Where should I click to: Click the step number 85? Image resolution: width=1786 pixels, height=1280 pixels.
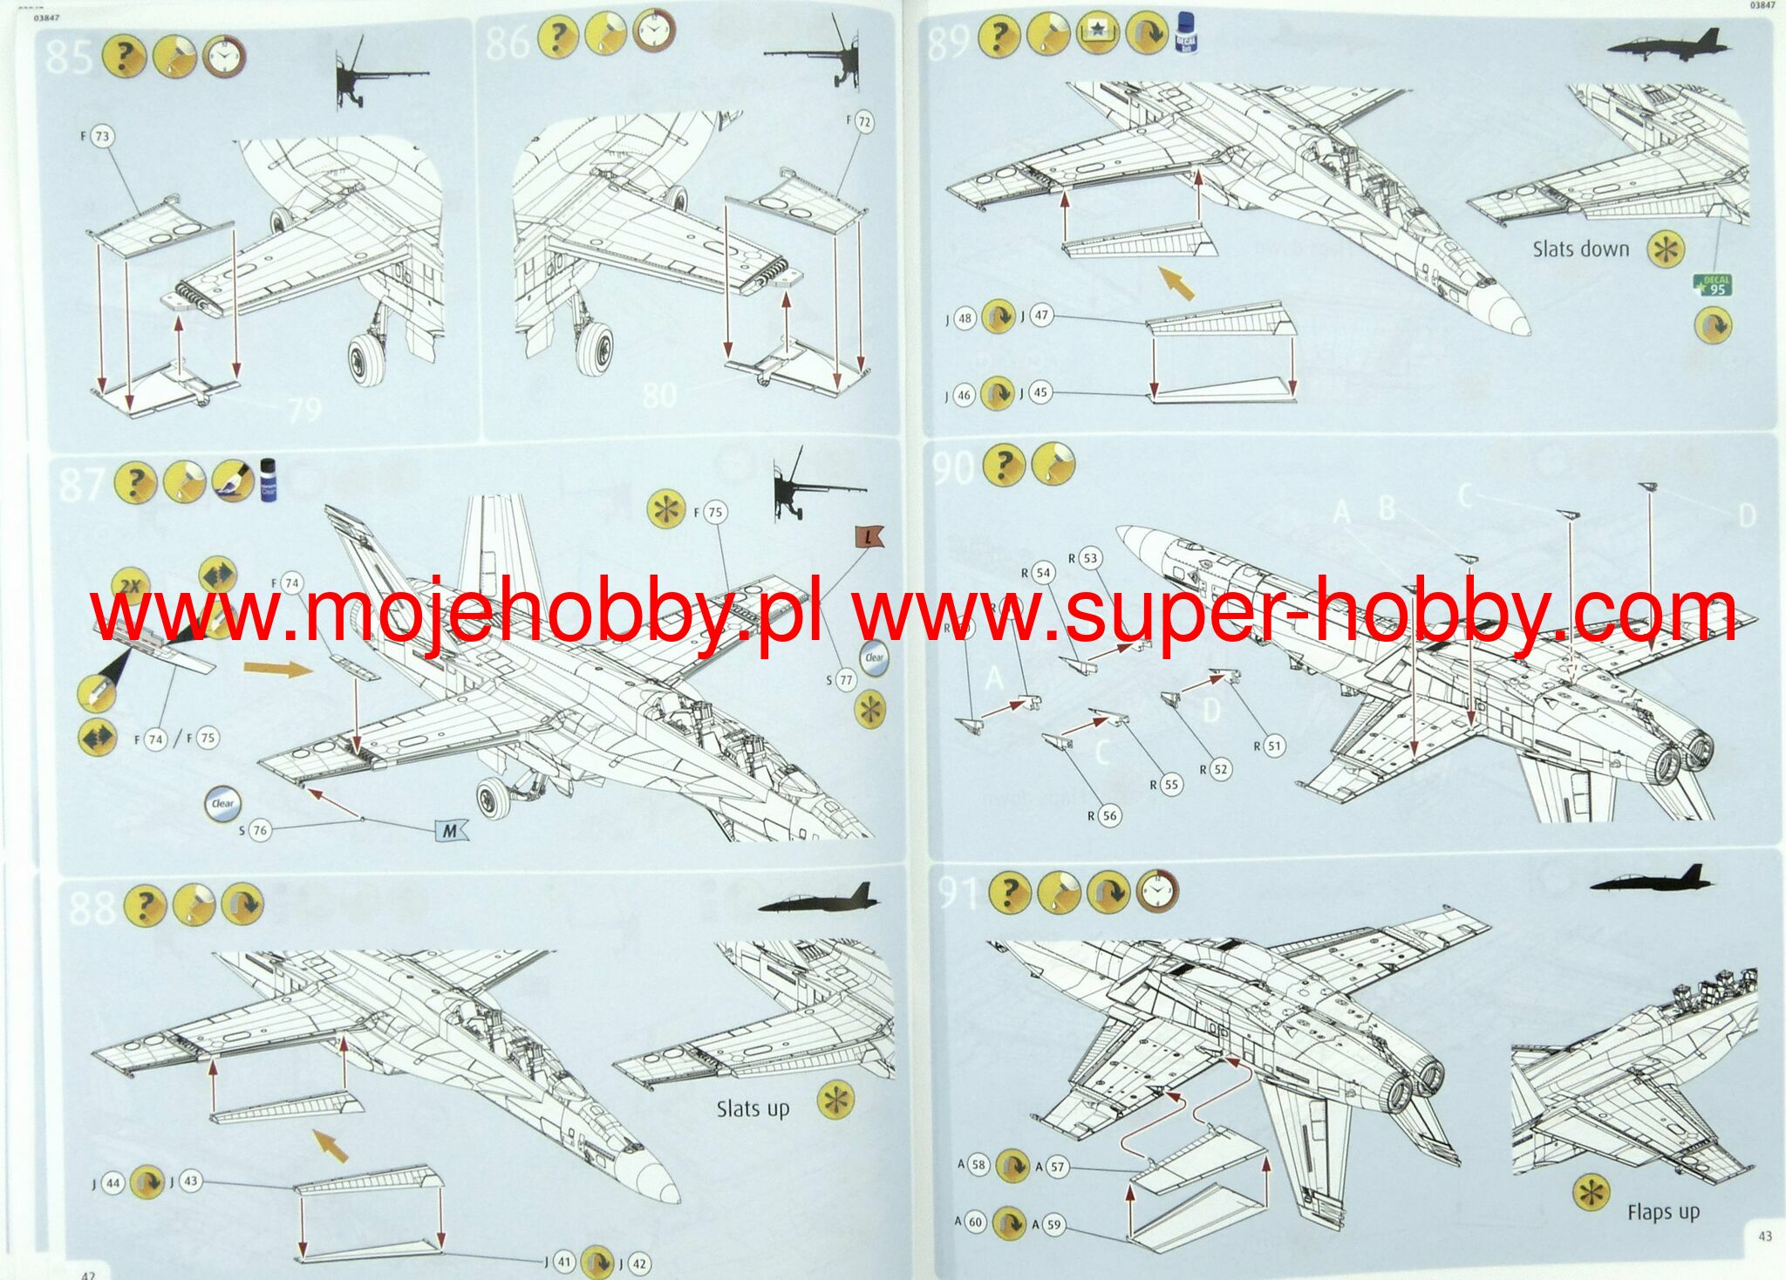(x=68, y=57)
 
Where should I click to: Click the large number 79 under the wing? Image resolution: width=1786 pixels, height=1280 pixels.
(x=304, y=409)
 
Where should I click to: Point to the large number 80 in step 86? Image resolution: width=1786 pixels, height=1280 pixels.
(x=659, y=395)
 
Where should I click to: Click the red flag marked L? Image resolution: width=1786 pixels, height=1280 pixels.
(x=869, y=539)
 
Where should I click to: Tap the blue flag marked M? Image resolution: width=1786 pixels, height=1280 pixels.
(x=450, y=830)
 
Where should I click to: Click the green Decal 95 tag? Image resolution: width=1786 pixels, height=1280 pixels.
(x=1713, y=285)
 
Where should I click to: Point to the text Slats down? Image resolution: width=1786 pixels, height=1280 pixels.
(x=1580, y=249)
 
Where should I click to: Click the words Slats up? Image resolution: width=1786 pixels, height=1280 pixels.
(x=753, y=1109)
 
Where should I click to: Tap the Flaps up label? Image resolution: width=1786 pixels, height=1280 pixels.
(x=1663, y=1212)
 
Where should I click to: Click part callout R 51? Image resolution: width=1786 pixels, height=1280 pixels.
(x=1273, y=746)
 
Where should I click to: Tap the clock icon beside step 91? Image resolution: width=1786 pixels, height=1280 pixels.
(x=1157, y=891)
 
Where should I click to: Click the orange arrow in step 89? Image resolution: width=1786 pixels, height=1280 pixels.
(x=1176, y=283)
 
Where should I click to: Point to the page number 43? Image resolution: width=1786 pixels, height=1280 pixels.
(x=1765, y=1236)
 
